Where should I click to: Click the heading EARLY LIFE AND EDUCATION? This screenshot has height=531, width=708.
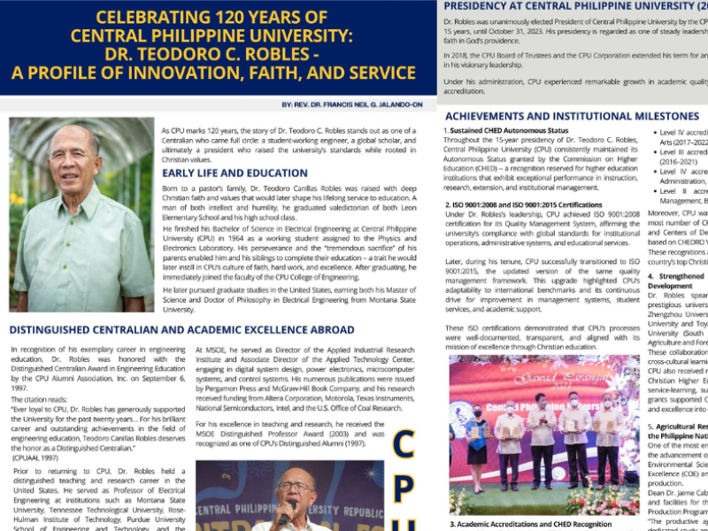tap(235, 173)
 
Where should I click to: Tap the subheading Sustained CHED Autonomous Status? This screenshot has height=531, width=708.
tap(508, 131)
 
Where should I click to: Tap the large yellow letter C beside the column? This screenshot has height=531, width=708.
tap(403, 445)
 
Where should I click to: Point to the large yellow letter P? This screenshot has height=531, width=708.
tap(403, 496)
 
